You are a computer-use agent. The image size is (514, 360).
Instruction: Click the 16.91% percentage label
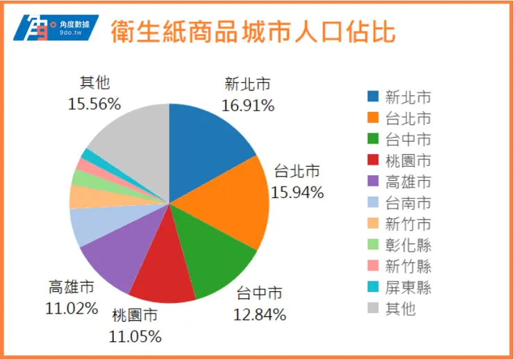tap(248, 106)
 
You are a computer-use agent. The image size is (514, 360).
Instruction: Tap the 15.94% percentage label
tap(297, 193)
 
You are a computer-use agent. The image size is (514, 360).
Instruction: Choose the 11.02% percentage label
tap(72, 308)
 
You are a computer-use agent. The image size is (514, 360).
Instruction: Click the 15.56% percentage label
tap(94, 104)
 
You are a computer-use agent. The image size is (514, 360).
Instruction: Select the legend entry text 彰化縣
tap(408, 245)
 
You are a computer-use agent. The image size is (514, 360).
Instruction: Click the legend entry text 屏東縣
tap(408, 287)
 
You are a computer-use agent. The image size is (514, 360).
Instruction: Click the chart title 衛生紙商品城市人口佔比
tap(253, 31)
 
